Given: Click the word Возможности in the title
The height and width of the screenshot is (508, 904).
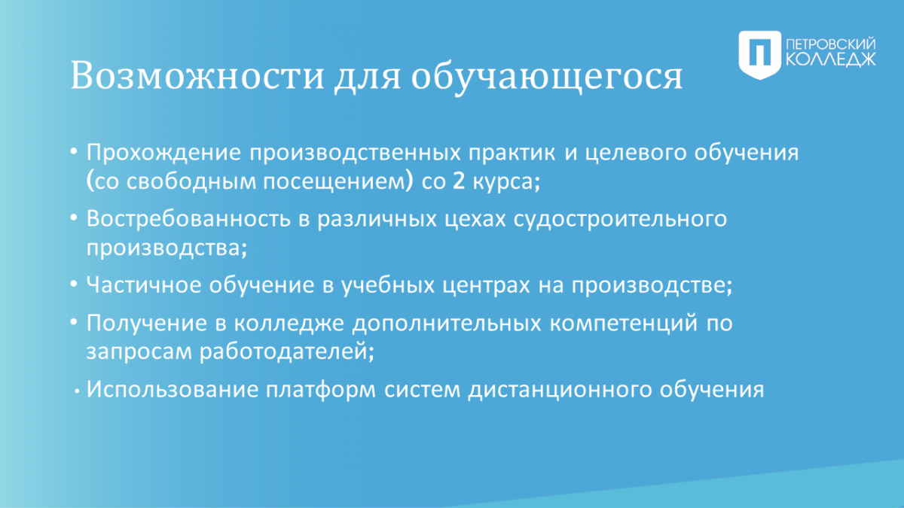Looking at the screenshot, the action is point(197,75).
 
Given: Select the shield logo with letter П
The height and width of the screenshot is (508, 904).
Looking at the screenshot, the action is point(760,55).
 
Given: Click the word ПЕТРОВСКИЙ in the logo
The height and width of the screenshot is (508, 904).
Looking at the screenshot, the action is point(831,44).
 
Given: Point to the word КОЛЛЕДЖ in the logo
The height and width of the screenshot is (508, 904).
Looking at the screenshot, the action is point(831,59).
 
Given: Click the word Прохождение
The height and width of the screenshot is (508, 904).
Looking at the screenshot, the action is point(164,153).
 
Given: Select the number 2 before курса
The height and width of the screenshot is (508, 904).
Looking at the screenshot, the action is point(459,181).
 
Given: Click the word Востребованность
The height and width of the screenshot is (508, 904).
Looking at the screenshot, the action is point(188,219).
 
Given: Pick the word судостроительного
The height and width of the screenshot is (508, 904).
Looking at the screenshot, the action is point(620,220).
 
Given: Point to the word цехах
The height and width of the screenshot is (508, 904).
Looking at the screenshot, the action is point(475,220).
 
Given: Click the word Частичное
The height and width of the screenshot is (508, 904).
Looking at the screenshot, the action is point(143,285).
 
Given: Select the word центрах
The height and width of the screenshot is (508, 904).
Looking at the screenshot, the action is point(486,286).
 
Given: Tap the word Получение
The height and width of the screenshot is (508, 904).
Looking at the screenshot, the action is point(147,324).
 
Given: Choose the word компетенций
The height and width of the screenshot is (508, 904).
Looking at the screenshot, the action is point(624,324).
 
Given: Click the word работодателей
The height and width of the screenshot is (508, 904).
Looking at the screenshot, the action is point(287,351).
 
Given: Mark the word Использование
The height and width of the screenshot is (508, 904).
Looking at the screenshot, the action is point(173,390).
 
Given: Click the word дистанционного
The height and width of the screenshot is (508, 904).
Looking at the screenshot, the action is point(560,391).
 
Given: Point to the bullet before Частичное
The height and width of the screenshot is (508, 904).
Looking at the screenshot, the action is point(74,284).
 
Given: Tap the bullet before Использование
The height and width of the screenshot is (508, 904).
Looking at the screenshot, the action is point(77,391).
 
